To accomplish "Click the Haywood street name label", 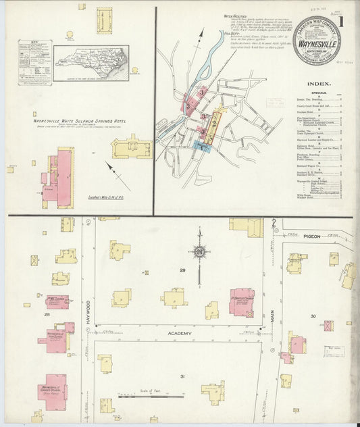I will [87, 313].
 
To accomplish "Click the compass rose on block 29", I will [199, 253].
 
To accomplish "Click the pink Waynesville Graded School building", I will [53, 388].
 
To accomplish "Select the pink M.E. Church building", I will [57, 301].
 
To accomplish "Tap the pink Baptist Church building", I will [241, 301].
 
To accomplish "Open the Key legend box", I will [34, 63].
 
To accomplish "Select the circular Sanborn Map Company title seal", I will [316, 41].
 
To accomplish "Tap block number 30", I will [313, 316].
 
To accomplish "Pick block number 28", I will [47, 313].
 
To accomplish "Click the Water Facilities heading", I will [236, 15].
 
